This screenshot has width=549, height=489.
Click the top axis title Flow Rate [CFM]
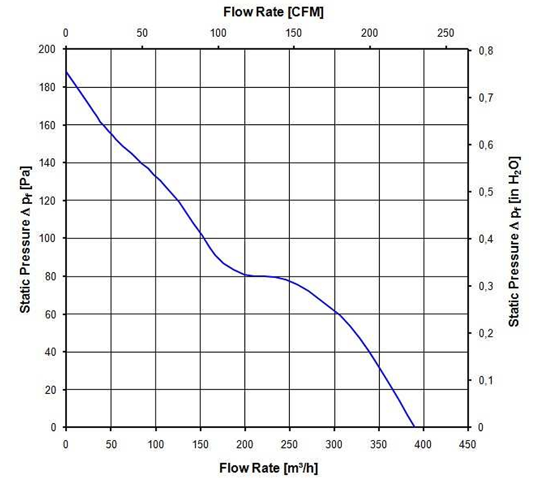273,12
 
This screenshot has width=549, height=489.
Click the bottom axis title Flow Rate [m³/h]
268,468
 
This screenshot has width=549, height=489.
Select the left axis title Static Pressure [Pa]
26,239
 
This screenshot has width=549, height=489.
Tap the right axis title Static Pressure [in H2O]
514,241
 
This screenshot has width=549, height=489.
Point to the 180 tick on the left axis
47,87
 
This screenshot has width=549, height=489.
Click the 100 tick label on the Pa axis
47,238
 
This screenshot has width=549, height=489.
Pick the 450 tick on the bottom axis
467,444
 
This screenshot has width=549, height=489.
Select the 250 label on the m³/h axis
289,444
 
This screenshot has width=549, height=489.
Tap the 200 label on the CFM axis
369,33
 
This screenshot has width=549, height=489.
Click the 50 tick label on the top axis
142,33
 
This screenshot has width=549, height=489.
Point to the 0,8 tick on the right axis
486,51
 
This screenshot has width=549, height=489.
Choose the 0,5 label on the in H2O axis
486,192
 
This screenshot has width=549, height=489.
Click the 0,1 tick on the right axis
486,380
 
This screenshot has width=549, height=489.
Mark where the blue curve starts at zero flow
66,71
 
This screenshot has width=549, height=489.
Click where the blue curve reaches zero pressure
414,427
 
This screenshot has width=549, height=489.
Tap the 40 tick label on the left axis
50,352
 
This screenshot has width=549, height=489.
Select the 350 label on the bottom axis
378,444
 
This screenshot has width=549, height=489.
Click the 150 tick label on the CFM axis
293,33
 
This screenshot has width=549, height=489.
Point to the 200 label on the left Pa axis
47,49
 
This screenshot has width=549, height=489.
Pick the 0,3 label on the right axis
486,286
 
